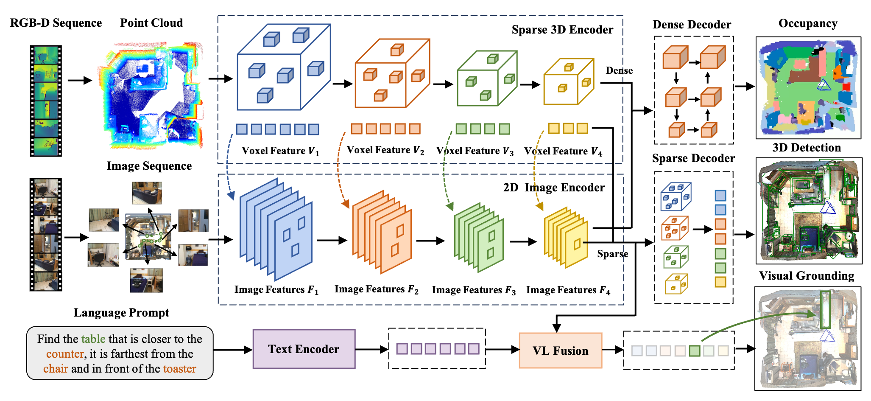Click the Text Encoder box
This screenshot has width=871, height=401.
pyautogui.click(x=304, y=349)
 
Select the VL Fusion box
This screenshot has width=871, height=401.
pyautogui.click(x=560, y=351)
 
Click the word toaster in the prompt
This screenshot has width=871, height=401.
pyautogui.click(x=179, y=369)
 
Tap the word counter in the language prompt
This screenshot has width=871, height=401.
pyautogui.click(x=65, y=354)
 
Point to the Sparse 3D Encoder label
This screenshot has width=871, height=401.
pyautogui.click(x=562, y=30)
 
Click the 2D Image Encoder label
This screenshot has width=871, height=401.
pyautogui.click(x=553, y=188)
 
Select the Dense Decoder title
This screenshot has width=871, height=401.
pyautogui.click(x=692, y=25)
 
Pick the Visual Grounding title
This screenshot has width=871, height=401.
pyautogui.click(x=806, y=276)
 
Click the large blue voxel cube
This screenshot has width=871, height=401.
pyautogui.click(x=283, y=68)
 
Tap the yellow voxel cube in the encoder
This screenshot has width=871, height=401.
pyautogui.click(x=569, y=81)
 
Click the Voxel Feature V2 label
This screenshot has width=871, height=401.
pyautogui.click(x=385, y=150)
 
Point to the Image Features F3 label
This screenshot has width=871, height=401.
pyautogui.click(x=474, y=290)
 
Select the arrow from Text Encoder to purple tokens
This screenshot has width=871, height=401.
pyautogui.click(x=371, y=349)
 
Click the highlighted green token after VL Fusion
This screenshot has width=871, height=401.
pyautogui.click(x=694, y=351)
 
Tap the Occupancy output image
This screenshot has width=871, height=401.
pyautogui.click(x=808, y=88)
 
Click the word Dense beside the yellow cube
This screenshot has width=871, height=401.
pyautogui.click(x=619, y=70)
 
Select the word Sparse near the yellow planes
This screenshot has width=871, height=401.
pyautogui.click(x=612, y=254)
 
